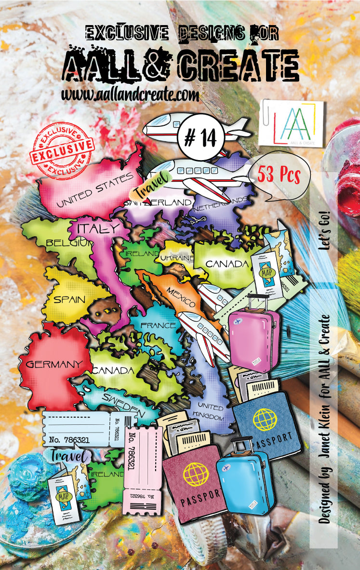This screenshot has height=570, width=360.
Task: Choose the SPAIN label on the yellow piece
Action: (x=69, y=299)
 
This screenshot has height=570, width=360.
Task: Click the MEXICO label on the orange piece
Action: (x=181, y=297)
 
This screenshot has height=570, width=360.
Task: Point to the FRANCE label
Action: (x=159, y=325)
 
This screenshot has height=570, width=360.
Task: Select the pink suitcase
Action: (x=254, y=336)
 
